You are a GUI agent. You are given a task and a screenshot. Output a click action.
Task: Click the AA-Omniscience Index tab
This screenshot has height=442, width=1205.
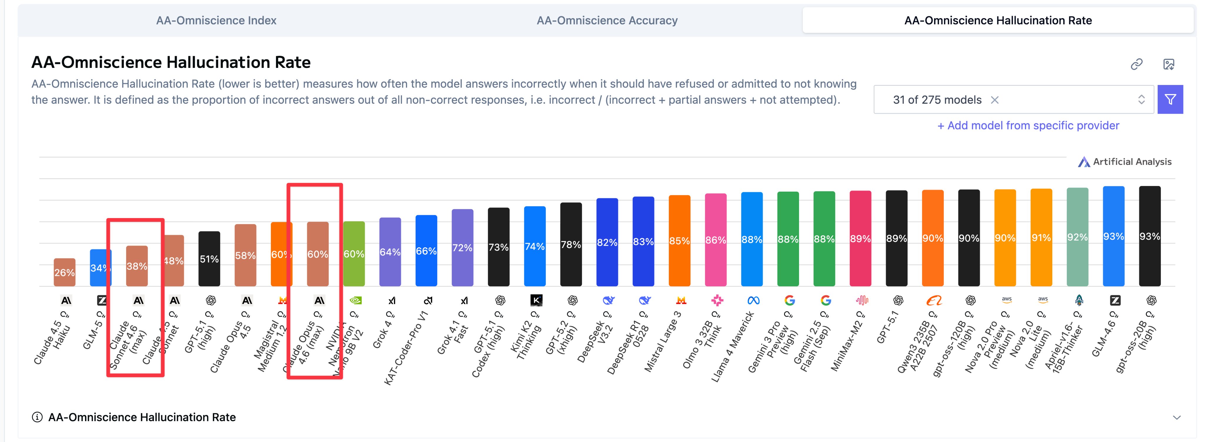click(x=216, y=21)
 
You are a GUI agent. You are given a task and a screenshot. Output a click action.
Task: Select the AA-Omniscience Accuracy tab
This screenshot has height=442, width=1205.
click(x=607, y=21)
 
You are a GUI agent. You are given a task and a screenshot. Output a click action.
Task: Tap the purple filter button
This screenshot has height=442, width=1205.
click(x=1170, y=100)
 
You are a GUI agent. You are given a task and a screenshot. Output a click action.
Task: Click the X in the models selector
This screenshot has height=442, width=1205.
click(x=994, y=100)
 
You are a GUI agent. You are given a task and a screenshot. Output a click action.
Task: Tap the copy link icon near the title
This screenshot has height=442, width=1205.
click(x=1136, y=64)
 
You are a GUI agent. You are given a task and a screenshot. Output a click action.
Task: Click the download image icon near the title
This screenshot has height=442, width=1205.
click(x=1169, y=64)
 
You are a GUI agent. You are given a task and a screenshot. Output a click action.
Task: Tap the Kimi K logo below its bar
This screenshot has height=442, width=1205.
click(x=536, y=300)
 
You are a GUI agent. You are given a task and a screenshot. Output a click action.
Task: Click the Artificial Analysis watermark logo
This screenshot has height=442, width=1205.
click(x=1084, y=162)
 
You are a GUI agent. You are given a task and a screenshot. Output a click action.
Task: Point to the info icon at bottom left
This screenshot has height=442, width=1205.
click(x=37, y=417)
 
